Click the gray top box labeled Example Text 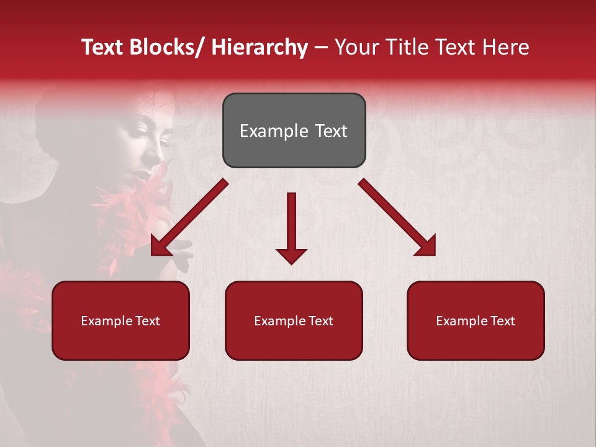click(x=294, y=130)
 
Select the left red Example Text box click(x=120, y=320)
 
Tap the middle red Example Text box click(x=294, y=320)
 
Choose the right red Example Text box click(x=476, y=320)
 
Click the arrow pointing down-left click(x=189, y=218)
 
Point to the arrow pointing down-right click(x=397, y=217)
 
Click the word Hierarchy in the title click(x=260, y=47)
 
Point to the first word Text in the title click(x=101, y=47)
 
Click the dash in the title click(x=321, y=48)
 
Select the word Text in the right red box click(x=501, y=320)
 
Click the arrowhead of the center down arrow click(x=291, y=255)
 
